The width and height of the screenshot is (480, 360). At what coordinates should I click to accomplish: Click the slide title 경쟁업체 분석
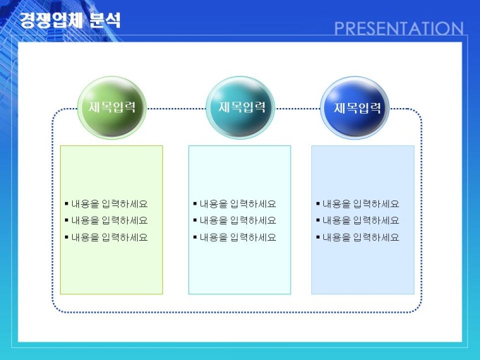(70, 20)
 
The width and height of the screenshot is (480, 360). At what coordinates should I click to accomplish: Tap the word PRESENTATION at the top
(399, 28)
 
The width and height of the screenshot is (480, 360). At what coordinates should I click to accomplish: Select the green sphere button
(112, 108)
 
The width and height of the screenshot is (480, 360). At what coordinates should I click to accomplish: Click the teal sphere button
(240, 108)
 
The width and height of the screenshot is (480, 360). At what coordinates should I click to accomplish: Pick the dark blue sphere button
(355, 108)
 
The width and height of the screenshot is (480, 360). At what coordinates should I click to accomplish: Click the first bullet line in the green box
(106, 204)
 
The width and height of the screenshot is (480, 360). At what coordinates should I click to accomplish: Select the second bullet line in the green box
(106, 220)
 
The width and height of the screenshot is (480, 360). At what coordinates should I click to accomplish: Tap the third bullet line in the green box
(106, 237)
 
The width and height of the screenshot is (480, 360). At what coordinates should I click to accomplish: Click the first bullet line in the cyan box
(235, 204)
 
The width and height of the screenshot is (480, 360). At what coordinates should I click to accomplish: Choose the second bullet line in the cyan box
(235, 220)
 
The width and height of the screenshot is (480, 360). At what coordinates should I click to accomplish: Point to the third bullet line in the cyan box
(235, 237)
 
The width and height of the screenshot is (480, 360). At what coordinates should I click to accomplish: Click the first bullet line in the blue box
(358, 204)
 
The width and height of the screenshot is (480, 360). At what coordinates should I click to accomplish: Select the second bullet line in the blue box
(358, 220)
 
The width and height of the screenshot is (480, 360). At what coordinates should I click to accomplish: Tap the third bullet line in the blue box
(358, 237)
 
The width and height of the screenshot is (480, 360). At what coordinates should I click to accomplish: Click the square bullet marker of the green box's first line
(66, 203)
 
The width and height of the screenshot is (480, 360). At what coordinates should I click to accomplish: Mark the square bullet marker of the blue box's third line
(318, 236)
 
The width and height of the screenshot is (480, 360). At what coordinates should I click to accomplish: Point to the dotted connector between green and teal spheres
(176, 109)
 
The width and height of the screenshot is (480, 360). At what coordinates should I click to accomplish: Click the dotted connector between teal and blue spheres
(298, 109)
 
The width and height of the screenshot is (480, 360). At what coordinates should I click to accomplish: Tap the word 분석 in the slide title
(105, 20)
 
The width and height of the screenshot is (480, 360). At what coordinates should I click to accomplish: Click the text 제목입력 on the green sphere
(112, 107)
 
